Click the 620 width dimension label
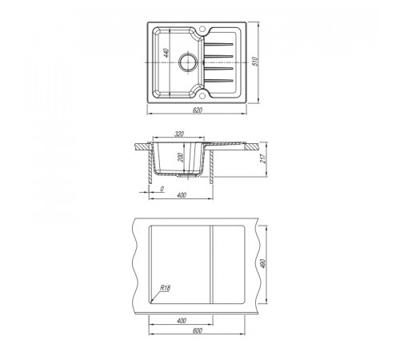click(x=198, y=110)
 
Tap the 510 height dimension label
click(x=255, y=62)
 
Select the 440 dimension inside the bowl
click(x=166, y=53)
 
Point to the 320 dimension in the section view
click(x=179, y=134)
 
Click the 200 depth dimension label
click(x=181, y=158)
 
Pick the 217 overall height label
click(x=263, y=158)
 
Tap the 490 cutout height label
click(x=263, y=263)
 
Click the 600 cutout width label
click(x=198, y=330)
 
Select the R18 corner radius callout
click(x=165, y=288)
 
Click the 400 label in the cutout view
click(x=182, y=321)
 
